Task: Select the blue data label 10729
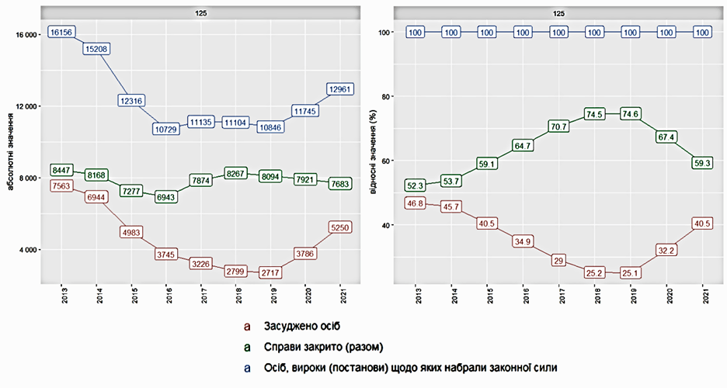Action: [x=167, y=127]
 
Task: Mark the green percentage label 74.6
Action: [x=630, y=113]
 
